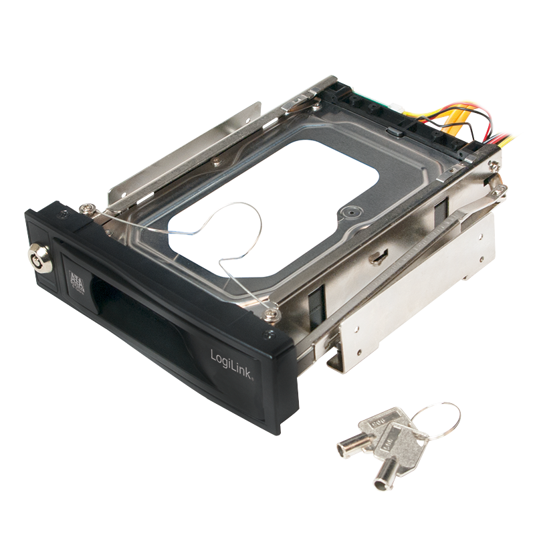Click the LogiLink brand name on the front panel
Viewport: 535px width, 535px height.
[x=231, y=361]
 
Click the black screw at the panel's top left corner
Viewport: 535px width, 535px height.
[x=62, y=215]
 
